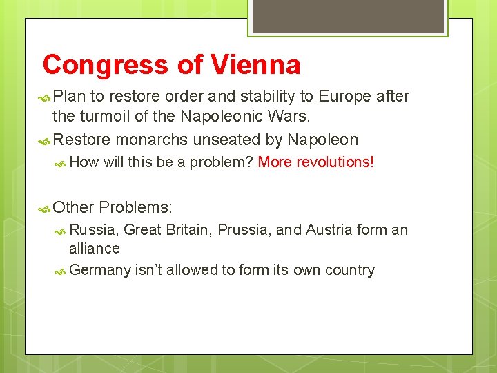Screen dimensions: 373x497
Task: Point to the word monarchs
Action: coord(153,140)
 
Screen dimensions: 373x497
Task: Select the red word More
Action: coord(274,162)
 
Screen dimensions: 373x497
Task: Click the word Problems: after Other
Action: coord(136,207)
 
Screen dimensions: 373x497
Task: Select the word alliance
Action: coord(95,248)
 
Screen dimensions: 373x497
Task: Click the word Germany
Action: coord(100,270)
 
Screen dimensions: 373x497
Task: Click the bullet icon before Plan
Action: coord(45,97)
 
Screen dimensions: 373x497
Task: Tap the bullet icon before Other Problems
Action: coord(45,208)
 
